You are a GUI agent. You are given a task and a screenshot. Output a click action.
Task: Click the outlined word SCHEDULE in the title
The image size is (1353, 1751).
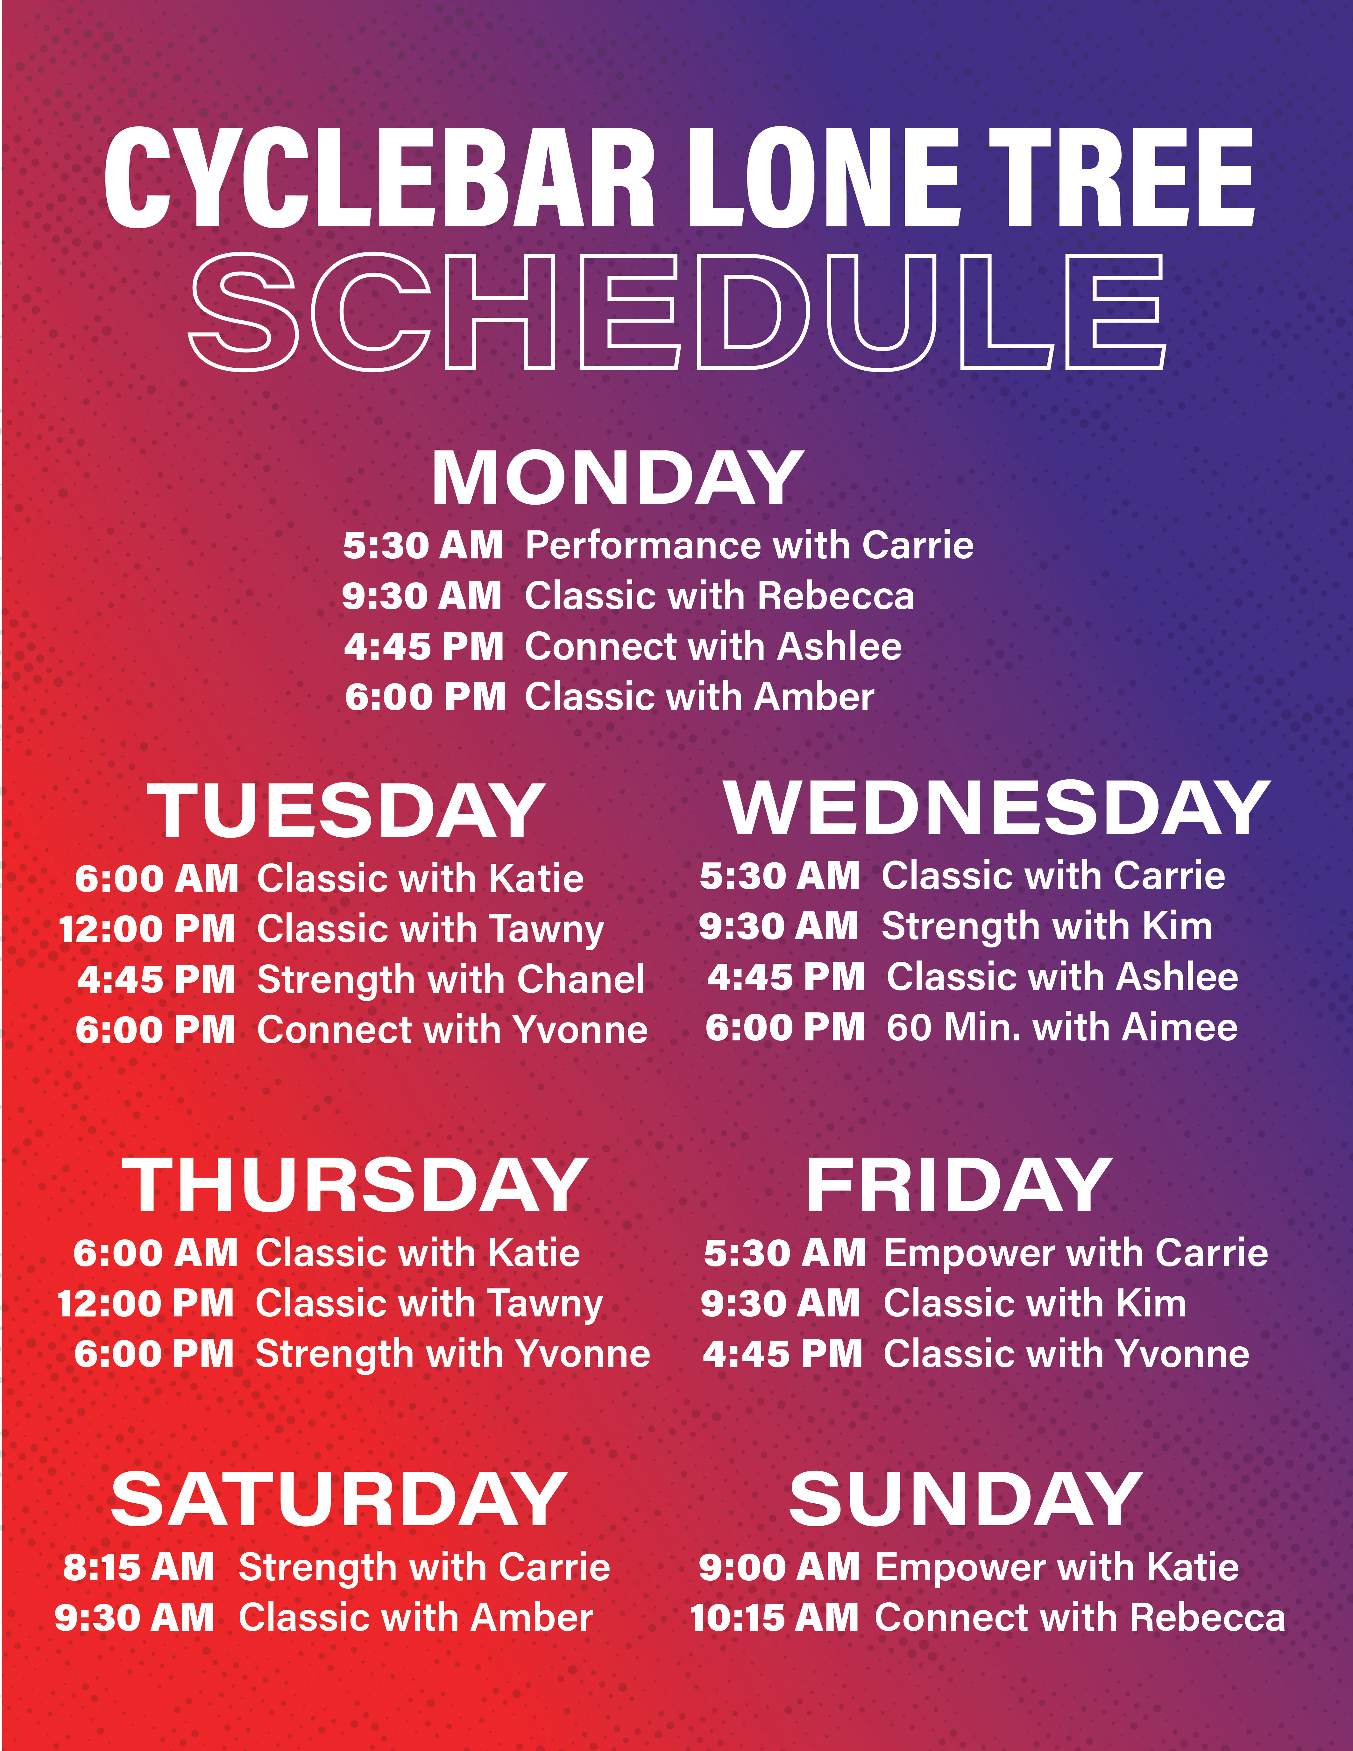click(677, 313)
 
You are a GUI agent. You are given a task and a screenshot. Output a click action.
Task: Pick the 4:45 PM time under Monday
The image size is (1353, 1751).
click(424, 646)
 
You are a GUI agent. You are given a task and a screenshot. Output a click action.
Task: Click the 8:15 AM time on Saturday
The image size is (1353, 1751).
click(139, 1567)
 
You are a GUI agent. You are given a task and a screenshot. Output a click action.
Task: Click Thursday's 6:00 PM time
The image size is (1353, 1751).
click(154, 1354)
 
